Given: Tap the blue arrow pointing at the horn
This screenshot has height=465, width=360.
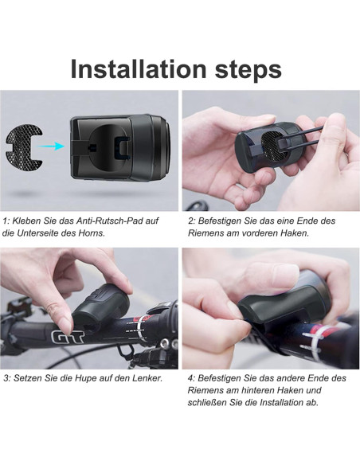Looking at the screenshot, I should pos(52,146).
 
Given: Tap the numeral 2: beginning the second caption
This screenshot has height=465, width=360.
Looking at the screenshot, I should pos(191,221).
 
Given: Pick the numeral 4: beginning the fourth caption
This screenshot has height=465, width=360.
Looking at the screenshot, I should pos(191,377).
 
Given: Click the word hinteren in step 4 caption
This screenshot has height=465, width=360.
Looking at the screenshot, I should pos(265,390).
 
